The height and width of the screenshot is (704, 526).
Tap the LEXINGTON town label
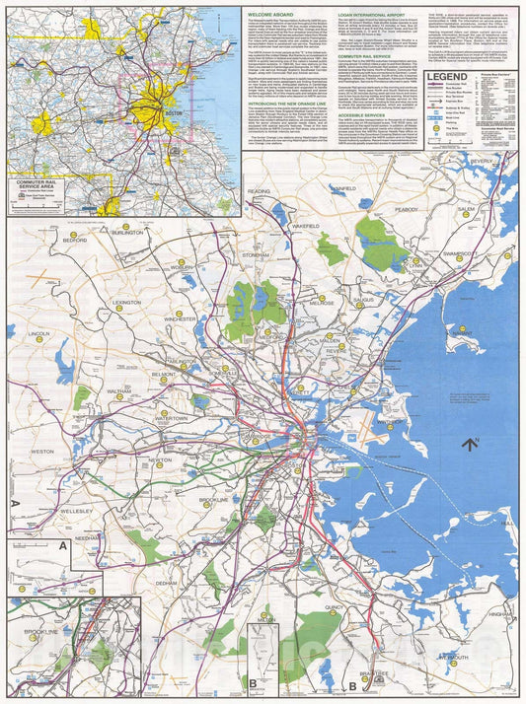coord(127,302)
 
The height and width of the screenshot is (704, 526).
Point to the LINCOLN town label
coord(39,334)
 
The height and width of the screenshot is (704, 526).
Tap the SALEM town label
coord(466,209)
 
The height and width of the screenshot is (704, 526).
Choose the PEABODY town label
coord(407,209)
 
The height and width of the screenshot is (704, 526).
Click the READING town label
coord(259,190)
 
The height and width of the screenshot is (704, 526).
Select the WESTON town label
coord(42,451)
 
